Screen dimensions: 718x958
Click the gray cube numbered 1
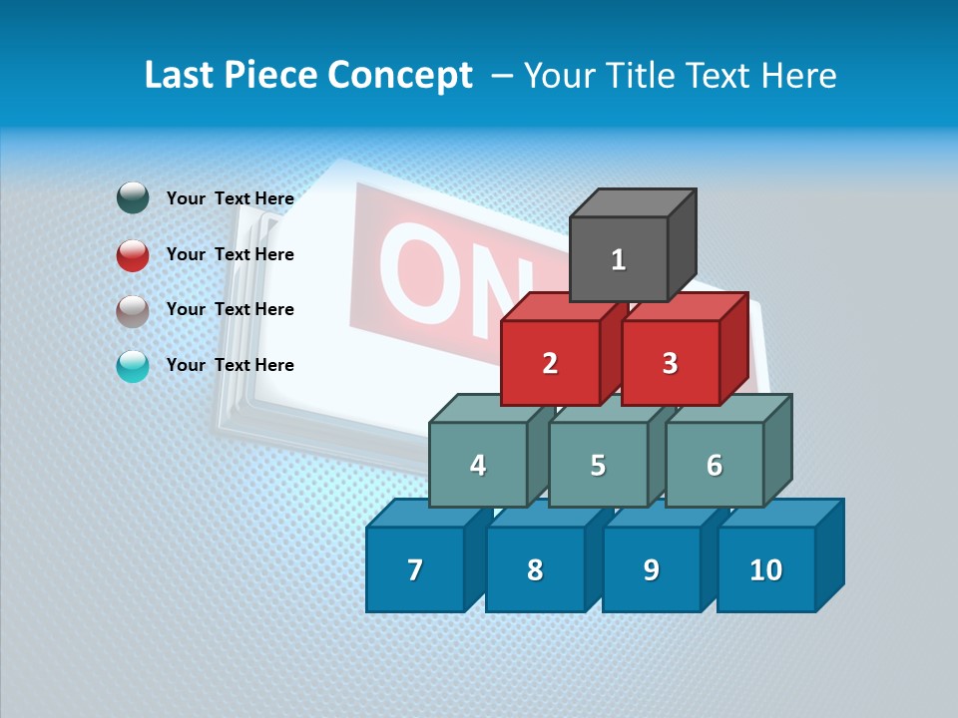pos(619,259)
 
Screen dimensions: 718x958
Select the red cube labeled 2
pos(550,363)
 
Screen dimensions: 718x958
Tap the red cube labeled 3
pos(670,363)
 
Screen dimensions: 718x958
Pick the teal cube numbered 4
pos(478,465)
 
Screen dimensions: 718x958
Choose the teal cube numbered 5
pos(598,465)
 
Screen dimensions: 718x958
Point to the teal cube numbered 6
pos(715,465)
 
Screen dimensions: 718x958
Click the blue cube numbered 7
pos(415,569)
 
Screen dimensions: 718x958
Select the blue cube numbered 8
pos(535,569)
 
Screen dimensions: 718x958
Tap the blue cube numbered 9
pos(651,569)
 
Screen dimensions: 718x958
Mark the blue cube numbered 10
pos(766,569)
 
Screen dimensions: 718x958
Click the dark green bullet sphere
pos(133,198)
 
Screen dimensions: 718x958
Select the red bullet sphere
pos(133,254)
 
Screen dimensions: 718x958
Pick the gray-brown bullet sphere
pos(133,310)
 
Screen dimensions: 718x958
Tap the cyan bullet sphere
pos(133,366)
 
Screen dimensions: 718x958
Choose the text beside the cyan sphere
pos(230,365)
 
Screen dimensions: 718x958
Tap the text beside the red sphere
pos(230,254)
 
